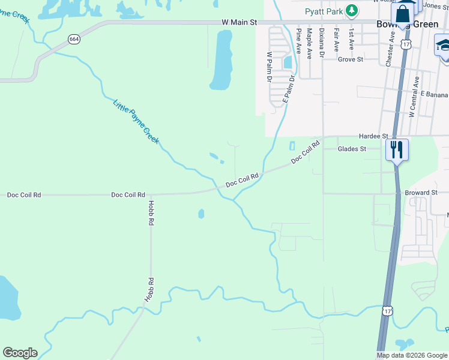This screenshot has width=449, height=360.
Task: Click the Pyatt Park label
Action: point(324,10)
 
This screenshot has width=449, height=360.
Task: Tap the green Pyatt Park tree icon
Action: point(352,10)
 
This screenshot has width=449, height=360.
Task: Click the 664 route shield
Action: point(74,39)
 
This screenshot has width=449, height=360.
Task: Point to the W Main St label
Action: point(239,22)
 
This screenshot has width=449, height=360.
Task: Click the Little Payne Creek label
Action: point(136,121)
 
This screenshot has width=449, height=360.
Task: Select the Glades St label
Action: point(352,149)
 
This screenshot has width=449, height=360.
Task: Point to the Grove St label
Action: point(351,59)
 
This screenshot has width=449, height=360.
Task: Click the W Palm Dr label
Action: point(269,67)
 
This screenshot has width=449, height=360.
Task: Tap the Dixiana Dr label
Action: point(322,43)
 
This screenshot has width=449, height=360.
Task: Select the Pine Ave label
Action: point(298,41)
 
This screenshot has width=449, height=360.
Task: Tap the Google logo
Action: point(20,353)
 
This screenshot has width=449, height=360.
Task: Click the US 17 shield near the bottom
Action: point(388,310)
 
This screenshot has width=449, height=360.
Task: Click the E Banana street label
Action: point(434,95)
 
